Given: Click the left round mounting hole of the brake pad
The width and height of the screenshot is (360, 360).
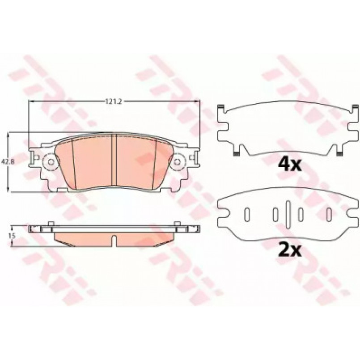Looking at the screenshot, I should click(x=51, y=161).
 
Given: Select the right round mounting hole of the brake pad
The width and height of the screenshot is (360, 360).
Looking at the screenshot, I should click(x=178, y=161).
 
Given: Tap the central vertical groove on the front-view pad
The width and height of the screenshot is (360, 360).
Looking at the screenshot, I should click(x=115, y=161).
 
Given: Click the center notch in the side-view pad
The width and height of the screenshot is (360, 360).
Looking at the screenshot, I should click(x=115, y=242).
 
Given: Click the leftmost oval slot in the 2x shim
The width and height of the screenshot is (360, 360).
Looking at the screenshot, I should click(x=246, y=214).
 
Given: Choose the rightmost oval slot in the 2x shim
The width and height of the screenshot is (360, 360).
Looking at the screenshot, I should click(x=330, y=214).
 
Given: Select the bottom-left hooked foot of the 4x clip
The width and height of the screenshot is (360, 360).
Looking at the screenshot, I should click(x=236, y=152).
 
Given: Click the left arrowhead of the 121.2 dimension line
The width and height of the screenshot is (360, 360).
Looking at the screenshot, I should click(x=31, y=102).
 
